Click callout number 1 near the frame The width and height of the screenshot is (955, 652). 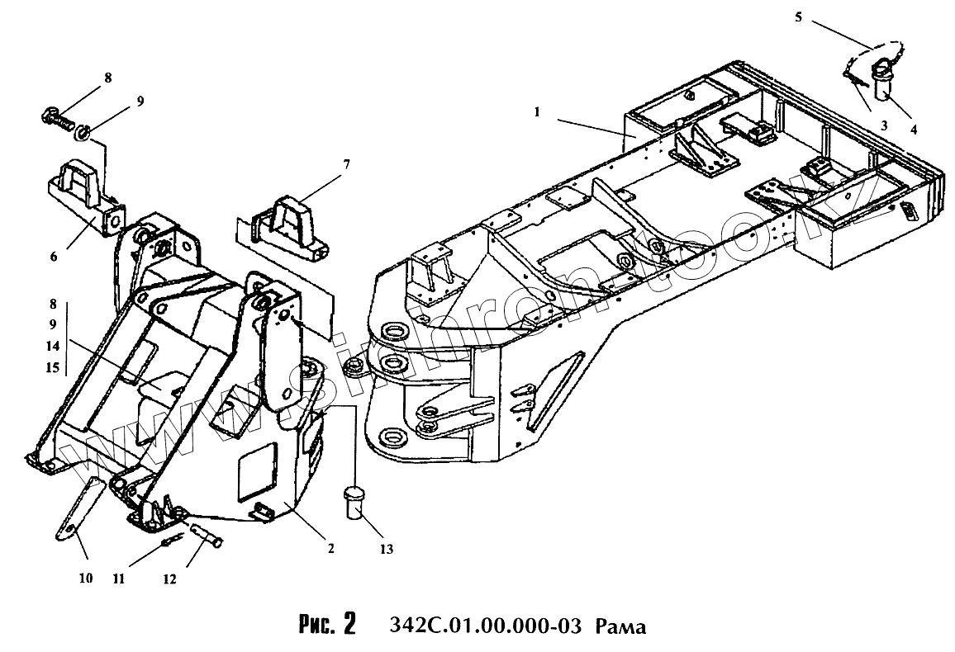pos(537,111)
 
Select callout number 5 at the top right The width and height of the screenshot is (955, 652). pos(798,16)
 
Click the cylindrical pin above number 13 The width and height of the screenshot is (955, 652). pos(356,503)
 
